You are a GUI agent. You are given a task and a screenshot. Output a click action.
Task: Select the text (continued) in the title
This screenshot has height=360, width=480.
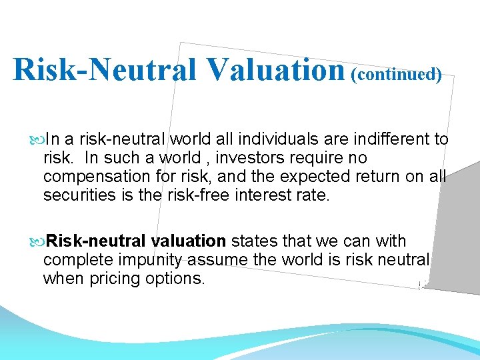pyautogui.click(x=397, y=73)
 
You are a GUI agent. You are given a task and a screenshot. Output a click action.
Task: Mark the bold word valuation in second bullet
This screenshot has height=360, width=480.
pyautogui.click(x=189, y=241)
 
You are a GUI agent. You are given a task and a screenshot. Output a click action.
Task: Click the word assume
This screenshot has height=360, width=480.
pyautogui.click(x=221, y=259)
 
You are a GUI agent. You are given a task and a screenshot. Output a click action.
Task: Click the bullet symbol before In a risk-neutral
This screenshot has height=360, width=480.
pyautogui.click(x=37, y=140)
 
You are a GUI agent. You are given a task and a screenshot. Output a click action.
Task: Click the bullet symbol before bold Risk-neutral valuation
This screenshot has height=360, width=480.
pyautogui.click(x=37, y=241)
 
